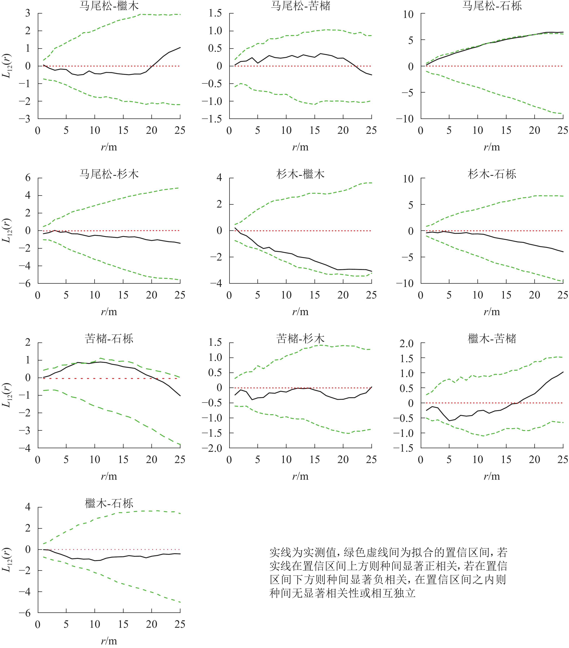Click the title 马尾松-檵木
click(x=109, y=6)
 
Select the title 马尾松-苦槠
click(x=300, y=6)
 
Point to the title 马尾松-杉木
click(x=109, y=174)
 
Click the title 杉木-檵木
click(x=300, y=174)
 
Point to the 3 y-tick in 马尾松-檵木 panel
click(x=28, y=13)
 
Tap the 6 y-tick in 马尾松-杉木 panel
click(x=28, y=178)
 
